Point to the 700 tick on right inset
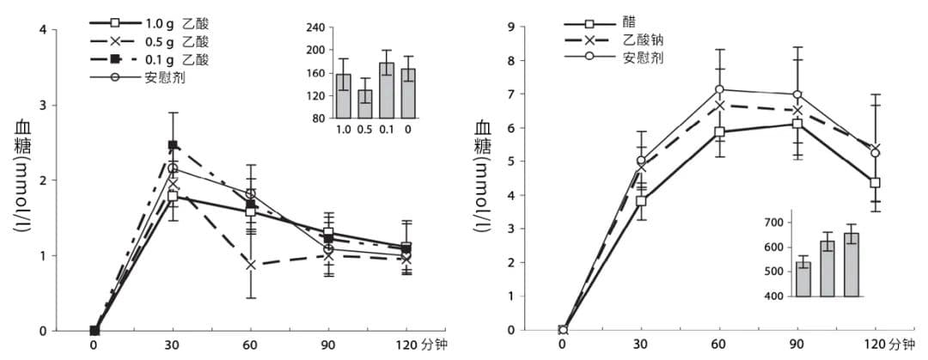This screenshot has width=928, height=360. [x=773, y=223]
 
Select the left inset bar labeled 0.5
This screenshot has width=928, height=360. [x=365, y=104]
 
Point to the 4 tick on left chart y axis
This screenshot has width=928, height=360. [x=43, y=31]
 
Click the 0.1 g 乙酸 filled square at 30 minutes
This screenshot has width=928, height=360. [x=173, y=145]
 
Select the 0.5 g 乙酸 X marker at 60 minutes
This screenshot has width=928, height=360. [x=250, y=265]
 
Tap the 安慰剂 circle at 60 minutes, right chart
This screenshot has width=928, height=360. [x=719, y=89]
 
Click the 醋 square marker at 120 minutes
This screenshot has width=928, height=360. [x=875, y=183]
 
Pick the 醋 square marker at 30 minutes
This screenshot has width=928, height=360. [x=641, y=201]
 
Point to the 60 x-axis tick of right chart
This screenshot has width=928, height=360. [x=719, y=345]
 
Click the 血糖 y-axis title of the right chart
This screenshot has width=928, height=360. [x=483, y=137]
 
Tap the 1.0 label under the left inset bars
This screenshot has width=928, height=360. [x=343, y=129]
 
